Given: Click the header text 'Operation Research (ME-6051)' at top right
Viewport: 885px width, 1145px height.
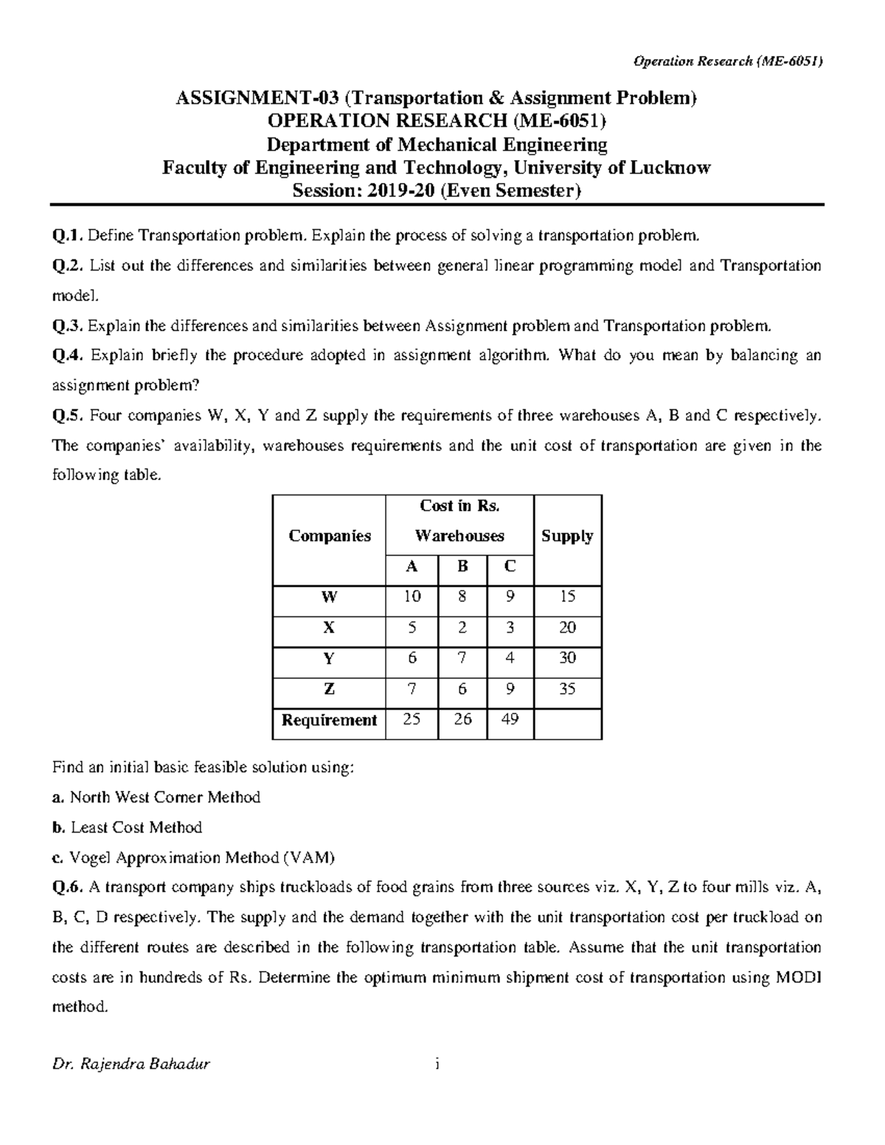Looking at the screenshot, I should tap(728, 61).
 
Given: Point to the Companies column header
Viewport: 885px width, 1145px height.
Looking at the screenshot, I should tap(329, 536).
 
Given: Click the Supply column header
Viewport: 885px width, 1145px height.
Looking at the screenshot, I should tap(566, 536).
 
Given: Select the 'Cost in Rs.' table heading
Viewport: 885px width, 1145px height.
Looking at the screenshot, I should tap(459, 506).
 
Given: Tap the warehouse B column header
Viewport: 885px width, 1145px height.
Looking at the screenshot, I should tap(462, 567).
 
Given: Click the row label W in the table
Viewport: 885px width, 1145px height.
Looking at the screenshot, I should tap(329, 596).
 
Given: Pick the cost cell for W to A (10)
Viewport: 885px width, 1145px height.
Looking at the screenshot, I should tap(411, 596).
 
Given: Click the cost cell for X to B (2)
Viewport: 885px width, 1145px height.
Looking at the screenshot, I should tap(462, 627).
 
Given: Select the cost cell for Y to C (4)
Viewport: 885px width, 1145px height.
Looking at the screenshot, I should tap(510, 658).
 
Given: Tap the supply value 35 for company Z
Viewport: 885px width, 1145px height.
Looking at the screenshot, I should tap(566, 689).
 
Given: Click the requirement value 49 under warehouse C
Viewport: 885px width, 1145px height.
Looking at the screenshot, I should tap(510, 719).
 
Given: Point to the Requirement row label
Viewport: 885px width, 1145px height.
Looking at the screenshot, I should tap(329, 720).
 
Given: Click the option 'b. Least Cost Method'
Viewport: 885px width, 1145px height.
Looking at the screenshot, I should tap(127, 827).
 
